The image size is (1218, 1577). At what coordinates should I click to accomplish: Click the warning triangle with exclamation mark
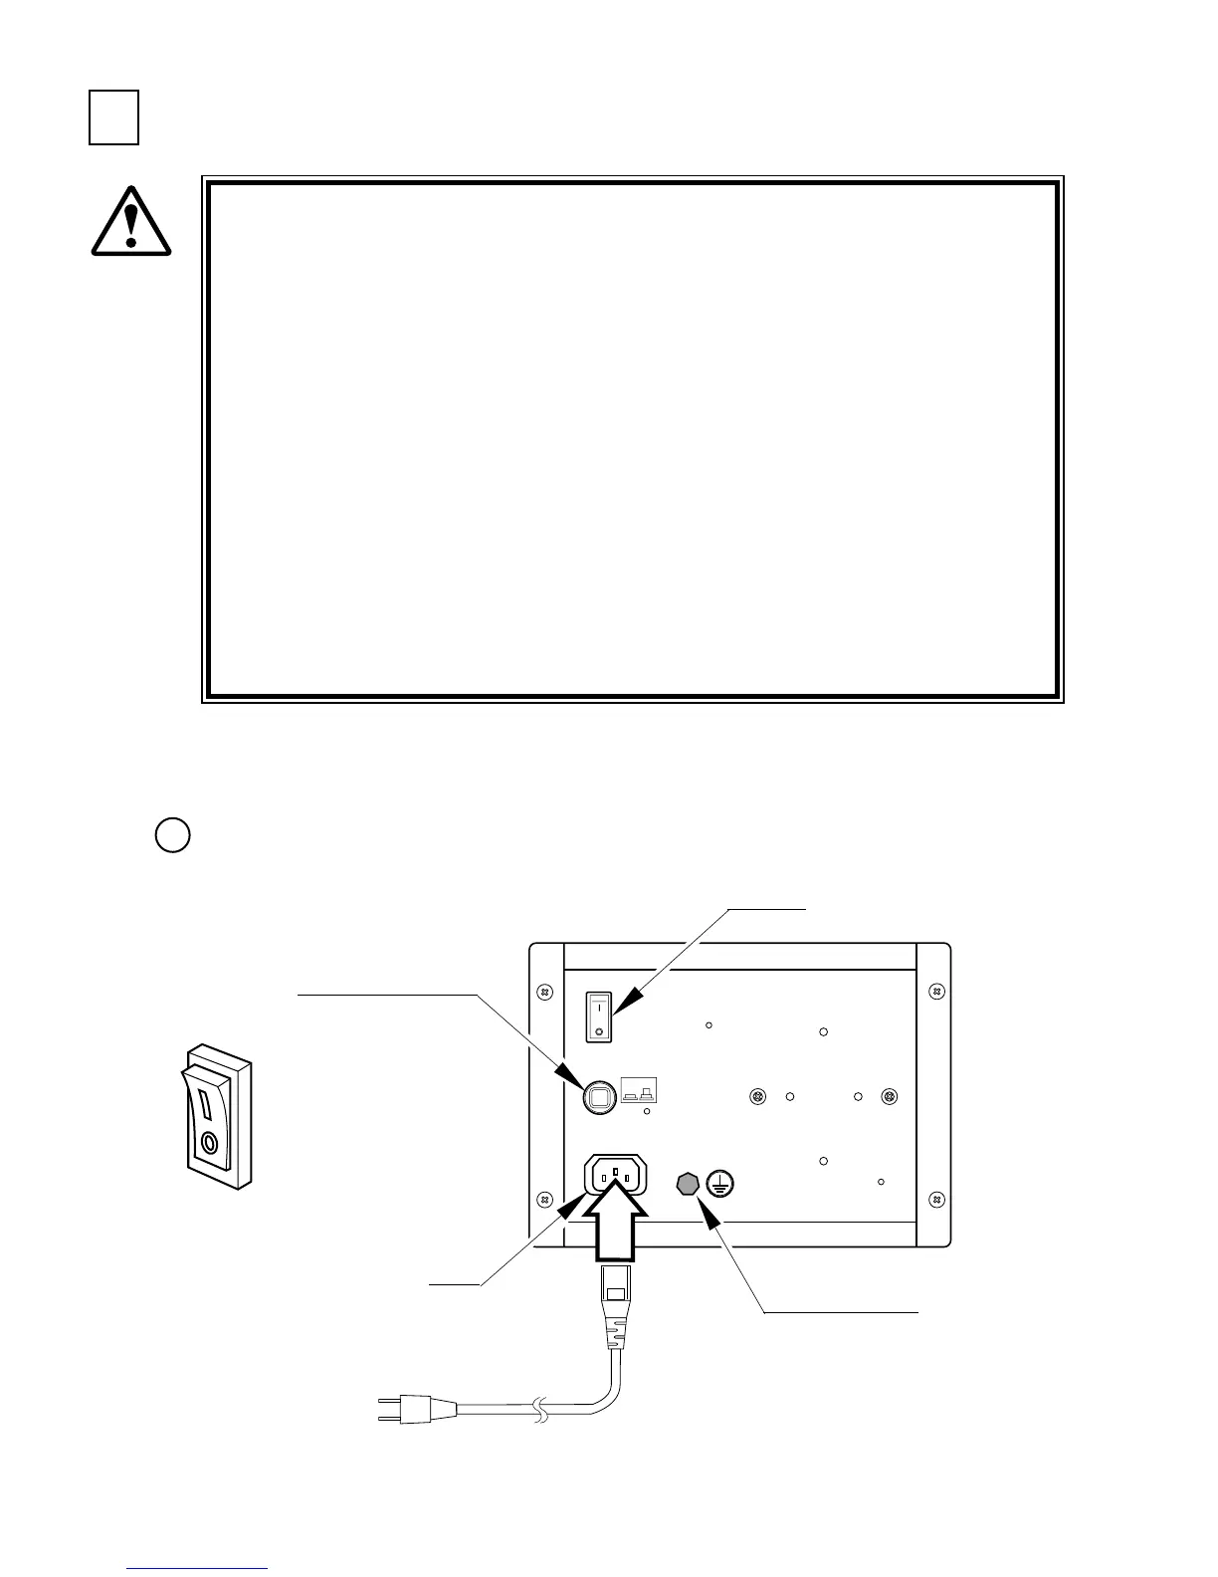[x=130, y=221]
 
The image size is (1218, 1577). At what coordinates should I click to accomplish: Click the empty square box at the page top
[x=113, y=117]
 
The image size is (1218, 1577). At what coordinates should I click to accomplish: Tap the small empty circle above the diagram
[x=172, y=834]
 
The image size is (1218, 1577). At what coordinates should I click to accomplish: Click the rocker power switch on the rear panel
[x=598, y=1014]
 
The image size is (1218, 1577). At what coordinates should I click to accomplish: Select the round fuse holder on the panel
[x=598, y=1097]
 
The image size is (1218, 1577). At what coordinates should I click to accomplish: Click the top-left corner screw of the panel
[x=544, y=993]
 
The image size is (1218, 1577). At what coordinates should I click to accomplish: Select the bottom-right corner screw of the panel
[x=935, y=1199]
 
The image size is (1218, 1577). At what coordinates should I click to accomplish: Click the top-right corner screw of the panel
[x=935, y=992]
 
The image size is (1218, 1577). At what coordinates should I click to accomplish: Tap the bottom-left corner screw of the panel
[x=544, y=1199]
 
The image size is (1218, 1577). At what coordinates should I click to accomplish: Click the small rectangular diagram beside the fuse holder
[x=639, y=1091]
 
